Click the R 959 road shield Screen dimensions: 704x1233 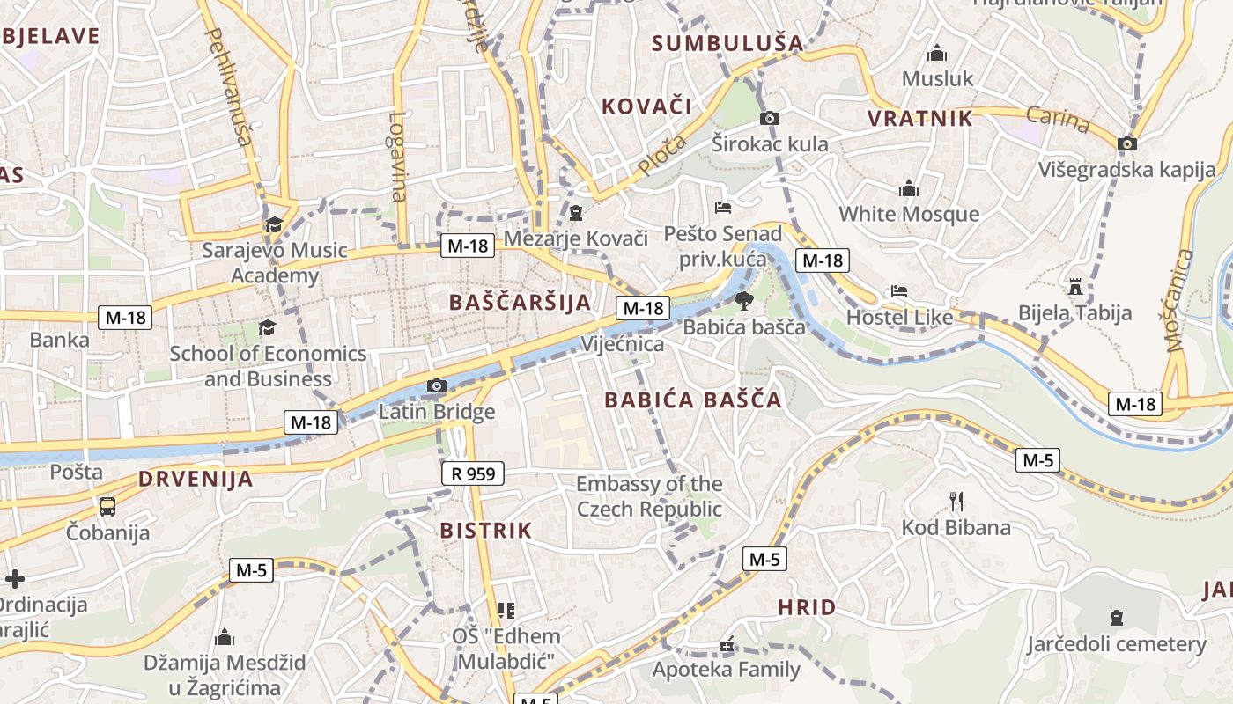tap(473, 473)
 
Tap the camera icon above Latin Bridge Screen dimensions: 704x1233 tap(436, 385)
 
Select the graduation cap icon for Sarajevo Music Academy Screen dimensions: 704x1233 tap(274, 224)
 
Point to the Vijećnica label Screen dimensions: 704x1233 tap(622, 343)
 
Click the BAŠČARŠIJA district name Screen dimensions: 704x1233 tap(520, 303)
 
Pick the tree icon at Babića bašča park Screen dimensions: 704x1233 tap(744, 301)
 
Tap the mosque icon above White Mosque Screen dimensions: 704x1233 tap(908, 188)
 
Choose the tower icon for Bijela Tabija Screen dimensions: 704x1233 tap(1074, 286)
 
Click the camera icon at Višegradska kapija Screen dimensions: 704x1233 tap(1126, 143)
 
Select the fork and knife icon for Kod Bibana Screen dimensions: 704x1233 tap(956, 502)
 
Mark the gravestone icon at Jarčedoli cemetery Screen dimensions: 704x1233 tap(1117, 618)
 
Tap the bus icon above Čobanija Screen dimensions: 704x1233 tap(107, 506)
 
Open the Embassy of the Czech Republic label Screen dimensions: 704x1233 tap(649, 496)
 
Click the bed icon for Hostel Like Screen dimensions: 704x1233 tap(898, 290)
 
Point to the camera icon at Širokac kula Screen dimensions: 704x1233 tap(769, 118)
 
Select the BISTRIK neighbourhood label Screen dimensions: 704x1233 tap(485, 531)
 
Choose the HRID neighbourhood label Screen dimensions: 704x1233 tap(807, 607)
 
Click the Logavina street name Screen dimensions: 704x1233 tap(398, 157)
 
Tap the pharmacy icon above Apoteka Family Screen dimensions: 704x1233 tap(726, 646)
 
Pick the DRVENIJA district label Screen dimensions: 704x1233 tap(196, 480)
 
